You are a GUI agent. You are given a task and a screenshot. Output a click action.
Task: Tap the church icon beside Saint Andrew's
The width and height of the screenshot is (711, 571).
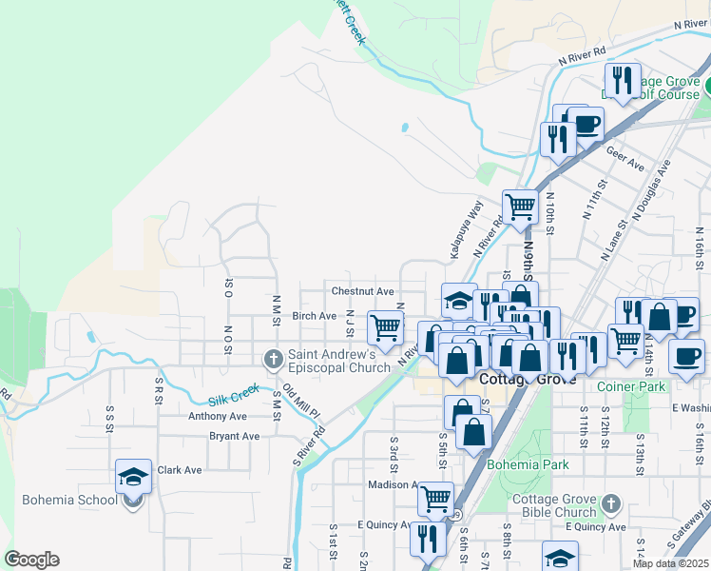pyautogui.click(x=273, y=360)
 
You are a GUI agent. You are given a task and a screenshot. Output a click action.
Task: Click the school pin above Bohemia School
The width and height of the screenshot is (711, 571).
pyautogui.click(x=134, y=476)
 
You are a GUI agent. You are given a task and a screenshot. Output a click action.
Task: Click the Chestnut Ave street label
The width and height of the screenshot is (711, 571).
pyautogui.click(x=362, y=291)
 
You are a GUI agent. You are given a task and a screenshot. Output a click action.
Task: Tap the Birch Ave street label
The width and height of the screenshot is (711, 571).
pyautogui.click(x=315, y=316)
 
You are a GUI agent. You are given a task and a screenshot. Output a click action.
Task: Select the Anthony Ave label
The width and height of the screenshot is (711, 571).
pyautogui.click(x=218, y=416)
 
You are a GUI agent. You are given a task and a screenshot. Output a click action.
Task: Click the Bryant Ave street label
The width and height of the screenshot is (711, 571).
pyautogui.click(x=234, y=437)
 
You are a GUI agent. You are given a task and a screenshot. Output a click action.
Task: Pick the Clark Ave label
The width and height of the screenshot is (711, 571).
pyautogui.click(x=180, y=470)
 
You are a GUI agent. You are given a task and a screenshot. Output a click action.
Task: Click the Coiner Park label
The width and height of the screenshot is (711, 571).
pyautogui.click(x=631, y=386)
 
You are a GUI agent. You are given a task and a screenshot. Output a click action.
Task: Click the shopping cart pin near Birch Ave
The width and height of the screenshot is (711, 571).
pyautogui.click(x=386, y=327)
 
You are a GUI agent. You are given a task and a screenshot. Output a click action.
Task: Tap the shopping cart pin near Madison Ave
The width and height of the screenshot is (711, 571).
pyautogui.click(x=435, y=497)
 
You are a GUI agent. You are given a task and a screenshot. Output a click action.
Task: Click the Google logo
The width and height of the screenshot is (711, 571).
pyautogui.click(x=31, y=560)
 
